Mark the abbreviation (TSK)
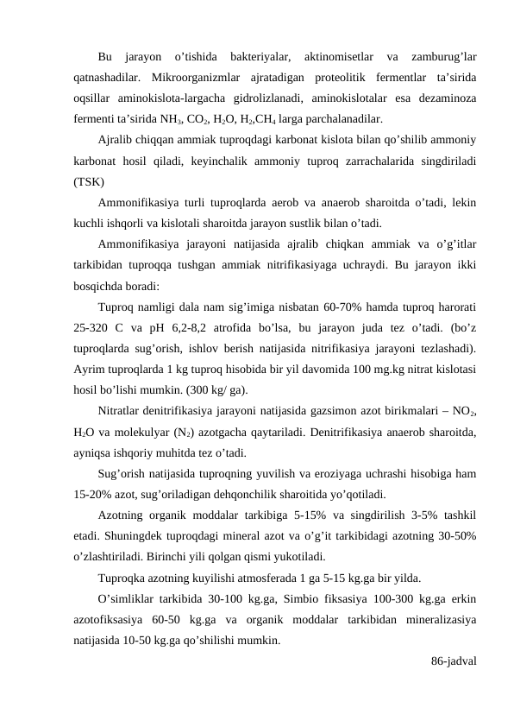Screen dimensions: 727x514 coord(91,182)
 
